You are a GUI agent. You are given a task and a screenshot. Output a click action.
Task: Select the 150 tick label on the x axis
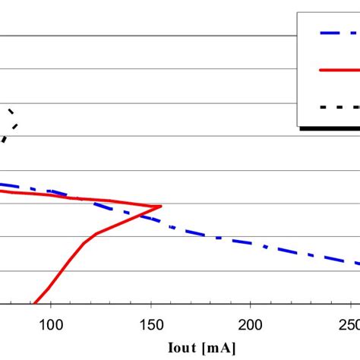tap(150, 324)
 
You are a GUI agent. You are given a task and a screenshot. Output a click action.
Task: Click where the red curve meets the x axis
tap(33, 304)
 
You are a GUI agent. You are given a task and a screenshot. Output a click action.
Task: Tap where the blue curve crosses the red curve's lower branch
tap(141, 216)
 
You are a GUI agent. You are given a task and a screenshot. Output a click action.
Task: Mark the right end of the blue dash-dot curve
tap(358, 264)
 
